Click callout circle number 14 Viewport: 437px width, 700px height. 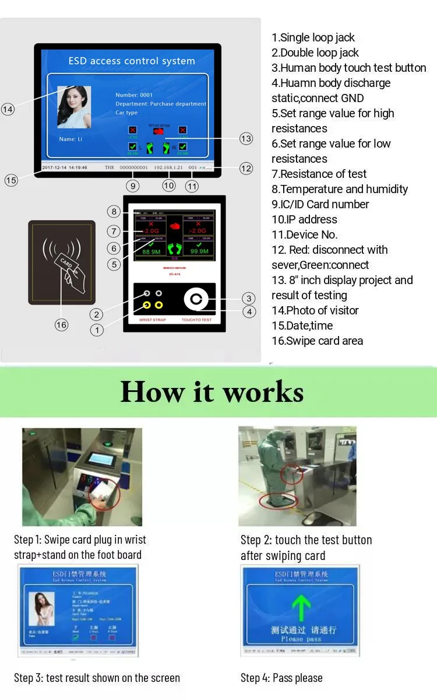(x=8, y=109)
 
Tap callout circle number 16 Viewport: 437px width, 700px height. (x=61, y=325)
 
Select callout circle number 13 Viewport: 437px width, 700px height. (x=246, y=138)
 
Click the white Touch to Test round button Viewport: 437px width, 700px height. (x=196, y=300)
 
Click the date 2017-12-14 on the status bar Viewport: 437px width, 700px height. (x=54, y=167)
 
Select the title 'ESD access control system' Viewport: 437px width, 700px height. (x=131, y=61)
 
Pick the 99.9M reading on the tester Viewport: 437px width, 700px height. (x=198, y=251)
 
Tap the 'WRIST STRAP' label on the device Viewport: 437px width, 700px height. (x=152, y=320)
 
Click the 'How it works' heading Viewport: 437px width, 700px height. (x=212, y=392)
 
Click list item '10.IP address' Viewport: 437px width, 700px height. (x=304, y=219)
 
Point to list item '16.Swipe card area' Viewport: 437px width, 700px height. (x=317, y=341)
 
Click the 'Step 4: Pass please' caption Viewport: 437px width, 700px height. (x=281, y=678)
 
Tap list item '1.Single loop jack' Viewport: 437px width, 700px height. (x=313, y=37)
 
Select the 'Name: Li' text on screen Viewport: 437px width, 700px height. (x=71, y=139)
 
